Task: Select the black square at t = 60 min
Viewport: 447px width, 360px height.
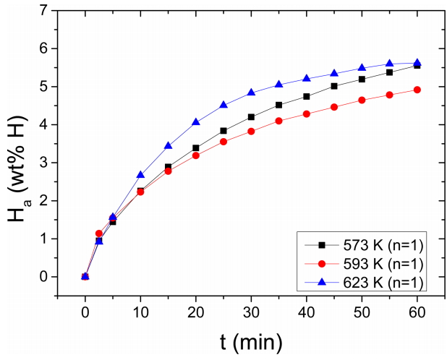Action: tap(417, 66)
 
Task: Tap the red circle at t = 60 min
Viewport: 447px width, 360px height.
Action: tap(417, 90)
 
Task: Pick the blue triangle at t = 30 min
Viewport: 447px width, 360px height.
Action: tap(251, 93)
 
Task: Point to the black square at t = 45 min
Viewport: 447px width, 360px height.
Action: tap(334, 86)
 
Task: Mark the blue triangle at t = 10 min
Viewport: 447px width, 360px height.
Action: tap(140, 174)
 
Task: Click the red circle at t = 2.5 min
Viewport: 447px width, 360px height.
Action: tap(99, 233)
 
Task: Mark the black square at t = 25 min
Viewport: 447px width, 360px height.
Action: tap(223, 131)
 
